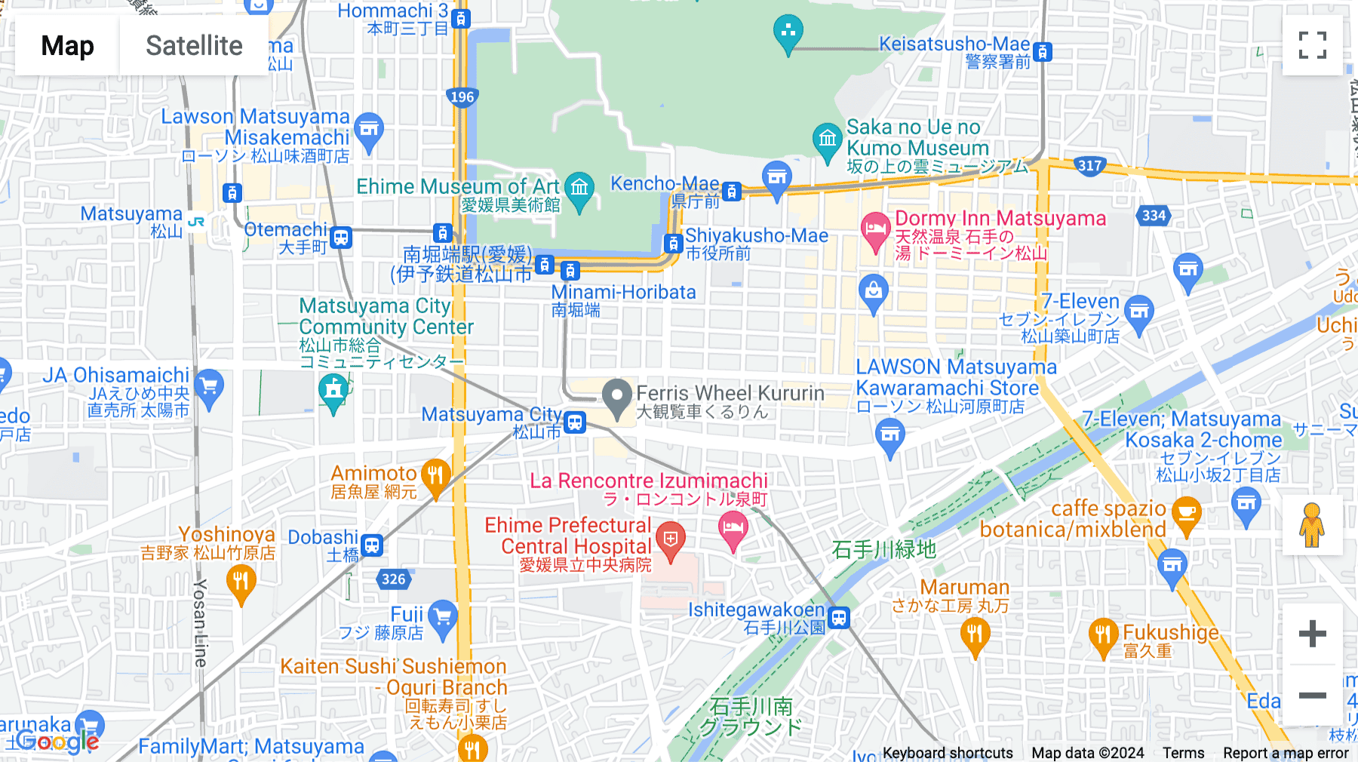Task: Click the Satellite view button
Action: pos(194,45)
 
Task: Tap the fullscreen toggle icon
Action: pos(1312,45)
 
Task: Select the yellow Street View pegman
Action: pos(1312,525)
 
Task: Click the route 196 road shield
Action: pos(462,97)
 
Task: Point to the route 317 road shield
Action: pos(1089,166)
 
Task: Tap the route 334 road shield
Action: pos(1154,216)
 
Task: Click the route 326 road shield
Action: pos(393,579)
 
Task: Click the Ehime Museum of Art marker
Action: pos(579,189)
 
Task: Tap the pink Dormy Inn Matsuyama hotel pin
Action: pos(875,229)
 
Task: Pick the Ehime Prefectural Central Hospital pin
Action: pos(670,540)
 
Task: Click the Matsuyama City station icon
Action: pos(575,422)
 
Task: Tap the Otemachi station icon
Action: pos(341,238)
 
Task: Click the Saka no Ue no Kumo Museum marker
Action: pos(827,140)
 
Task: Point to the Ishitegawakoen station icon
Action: pos(839,618)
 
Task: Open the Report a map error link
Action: pos(1286,753)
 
